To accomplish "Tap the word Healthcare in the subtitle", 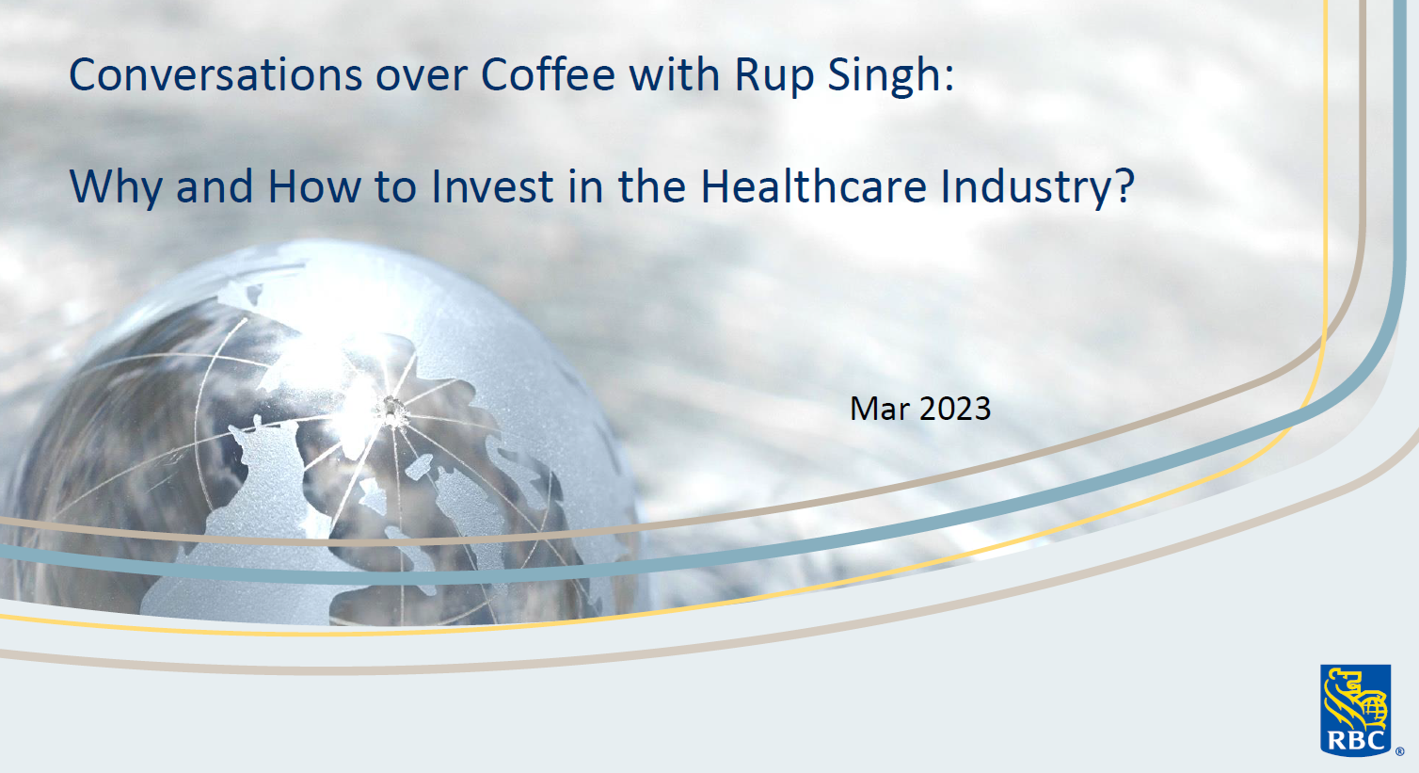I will point(813,186).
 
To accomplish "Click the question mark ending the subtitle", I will point(1125,186).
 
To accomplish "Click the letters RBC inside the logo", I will point(1355,740).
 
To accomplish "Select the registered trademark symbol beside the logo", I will point(1399,752).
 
